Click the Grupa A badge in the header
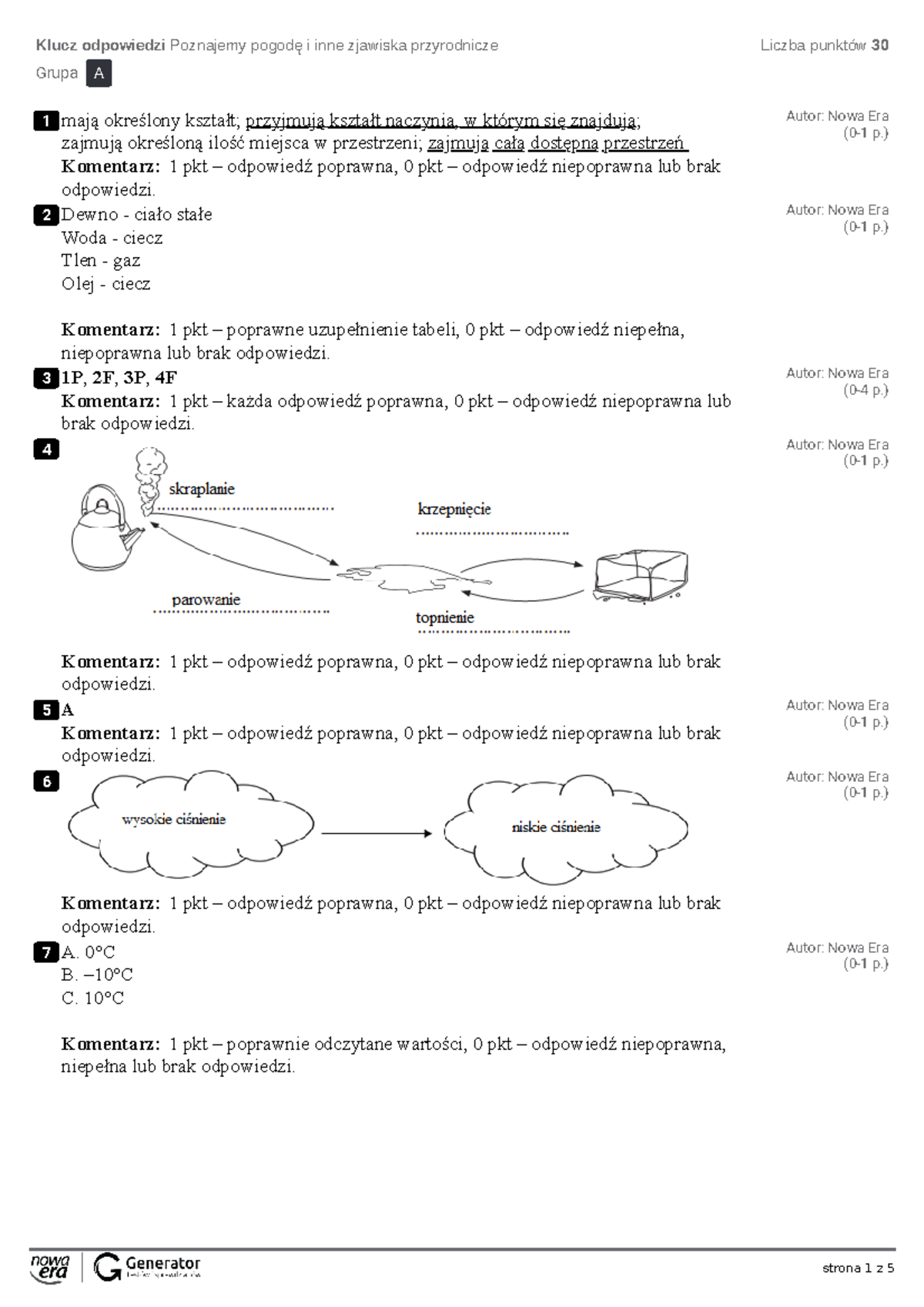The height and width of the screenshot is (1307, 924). point(99,74)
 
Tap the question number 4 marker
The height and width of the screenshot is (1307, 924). point(46,450)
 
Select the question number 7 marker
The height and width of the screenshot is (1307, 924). point(46,952)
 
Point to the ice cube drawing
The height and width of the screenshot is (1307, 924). point(640,575)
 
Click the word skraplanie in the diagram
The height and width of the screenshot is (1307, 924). point(202,489)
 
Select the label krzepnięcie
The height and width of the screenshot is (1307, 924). point(454,509)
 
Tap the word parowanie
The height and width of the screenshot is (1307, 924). point(206,600)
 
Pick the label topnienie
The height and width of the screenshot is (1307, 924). point(445,617)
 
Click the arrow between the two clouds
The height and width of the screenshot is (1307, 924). point(376,833)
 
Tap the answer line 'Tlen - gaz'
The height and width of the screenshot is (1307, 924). point(101,261)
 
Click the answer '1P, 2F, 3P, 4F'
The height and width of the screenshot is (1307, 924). point(119,377)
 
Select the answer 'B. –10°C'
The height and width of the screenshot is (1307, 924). point(97,975)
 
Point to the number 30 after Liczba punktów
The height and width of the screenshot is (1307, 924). point(880,45)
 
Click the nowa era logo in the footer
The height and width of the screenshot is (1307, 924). point(50,1268)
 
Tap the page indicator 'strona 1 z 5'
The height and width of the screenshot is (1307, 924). point(858,1269)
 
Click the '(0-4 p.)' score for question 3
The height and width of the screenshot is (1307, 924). point(865,390)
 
